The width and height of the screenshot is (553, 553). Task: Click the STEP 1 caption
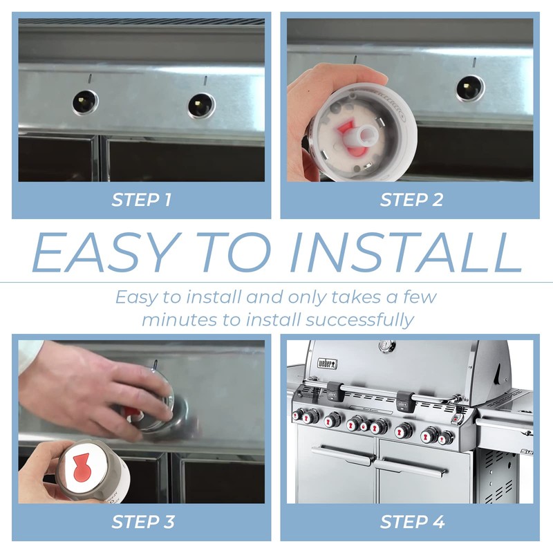point(142,200)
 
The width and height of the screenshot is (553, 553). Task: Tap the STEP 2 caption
point(411,200)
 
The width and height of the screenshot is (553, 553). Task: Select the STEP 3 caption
point(143,522)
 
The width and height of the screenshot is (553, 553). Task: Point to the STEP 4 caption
point(412,522)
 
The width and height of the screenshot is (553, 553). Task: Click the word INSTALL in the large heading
point(406,252)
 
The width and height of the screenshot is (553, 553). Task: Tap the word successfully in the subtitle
point(359,320)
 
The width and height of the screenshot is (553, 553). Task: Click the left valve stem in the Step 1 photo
point(85,102)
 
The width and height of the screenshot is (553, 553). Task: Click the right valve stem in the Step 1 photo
point(201,106)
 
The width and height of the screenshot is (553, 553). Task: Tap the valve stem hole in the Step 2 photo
point(470,88)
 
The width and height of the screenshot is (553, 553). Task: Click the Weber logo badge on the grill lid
point(328,364)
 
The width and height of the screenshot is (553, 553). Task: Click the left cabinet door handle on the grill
point(342,455)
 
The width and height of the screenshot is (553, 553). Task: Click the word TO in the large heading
point(234,252)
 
